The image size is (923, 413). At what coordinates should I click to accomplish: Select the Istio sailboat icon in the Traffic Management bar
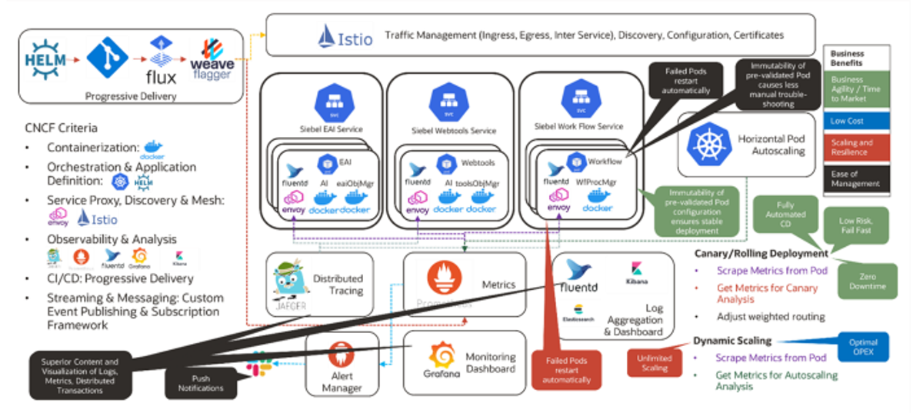(328, 36)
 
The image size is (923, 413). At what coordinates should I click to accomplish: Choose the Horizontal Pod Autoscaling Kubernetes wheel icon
(705, 145)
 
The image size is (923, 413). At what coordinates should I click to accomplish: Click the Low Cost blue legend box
(856, 122)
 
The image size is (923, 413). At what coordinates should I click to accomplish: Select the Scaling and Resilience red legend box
(856, 148)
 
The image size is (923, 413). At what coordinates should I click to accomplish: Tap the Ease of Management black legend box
(856, 178)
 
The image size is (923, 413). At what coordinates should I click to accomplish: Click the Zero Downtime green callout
(868, 281)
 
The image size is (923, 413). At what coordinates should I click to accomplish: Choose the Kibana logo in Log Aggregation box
(637, 268)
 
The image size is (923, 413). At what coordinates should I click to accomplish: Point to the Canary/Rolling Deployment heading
(750, 253)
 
